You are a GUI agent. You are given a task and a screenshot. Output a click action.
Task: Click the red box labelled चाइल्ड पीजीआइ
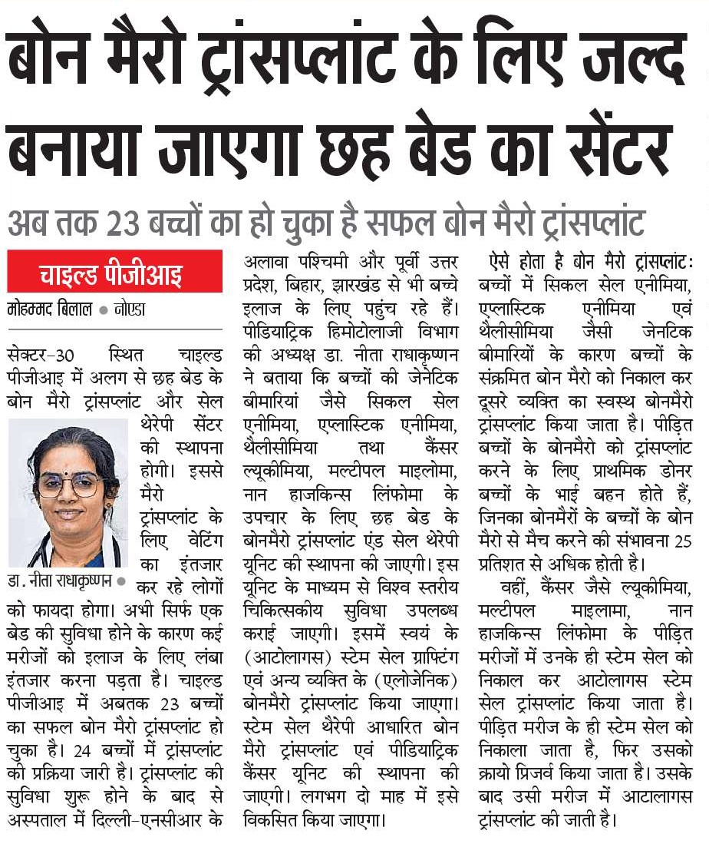(115, 272)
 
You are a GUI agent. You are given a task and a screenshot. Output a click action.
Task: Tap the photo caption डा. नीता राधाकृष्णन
(61, 581)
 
